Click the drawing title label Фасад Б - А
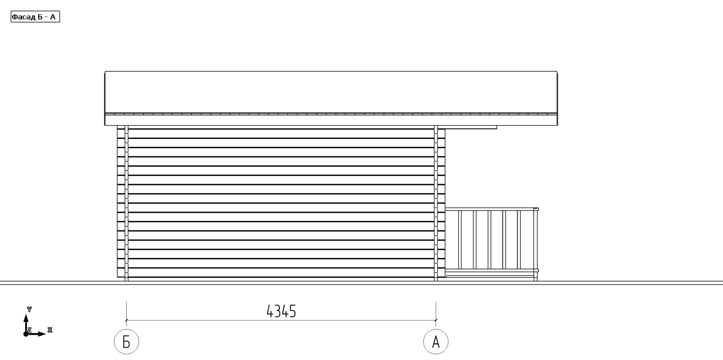coord(35,17)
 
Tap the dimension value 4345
coord(281,311)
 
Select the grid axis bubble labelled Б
coord(126,342)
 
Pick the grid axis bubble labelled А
coord(436,342)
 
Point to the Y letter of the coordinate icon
coord(29,309)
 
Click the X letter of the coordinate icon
coord(50,330)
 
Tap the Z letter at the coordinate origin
coord(29,330)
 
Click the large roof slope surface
coord(331,92)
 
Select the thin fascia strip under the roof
coord(331,120)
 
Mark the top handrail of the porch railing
coord(492,209)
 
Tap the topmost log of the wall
coord(281,133)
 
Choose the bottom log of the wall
coord(281,273)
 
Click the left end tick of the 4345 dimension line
coord(126,320)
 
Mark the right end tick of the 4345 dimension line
coord(436,320)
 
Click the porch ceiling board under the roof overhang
coord(471,128)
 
